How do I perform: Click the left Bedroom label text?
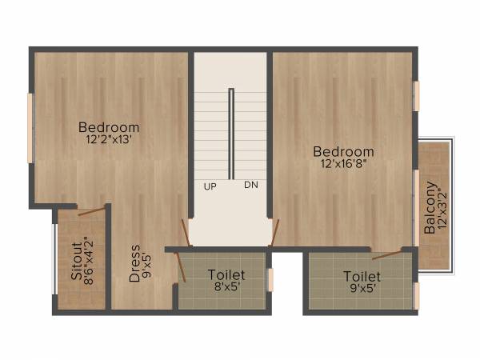click(x=109, y=127)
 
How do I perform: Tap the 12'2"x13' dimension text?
click(x=109, y=139)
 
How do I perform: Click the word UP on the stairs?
click(x=210, y=186)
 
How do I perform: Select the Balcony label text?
click(x=430, y=210)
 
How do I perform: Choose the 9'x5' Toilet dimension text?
click(x=362, y=289)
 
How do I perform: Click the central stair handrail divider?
click(x=231, y=134)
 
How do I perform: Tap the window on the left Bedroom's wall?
click(x=31, y=128)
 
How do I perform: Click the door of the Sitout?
click(x=92, y=212)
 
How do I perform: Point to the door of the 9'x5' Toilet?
click(x=386, y=254)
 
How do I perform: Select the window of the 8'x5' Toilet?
click(x=270, y=280)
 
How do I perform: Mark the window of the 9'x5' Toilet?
click(x=416, y=294)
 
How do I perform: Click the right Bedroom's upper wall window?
click(x=416, y=96)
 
